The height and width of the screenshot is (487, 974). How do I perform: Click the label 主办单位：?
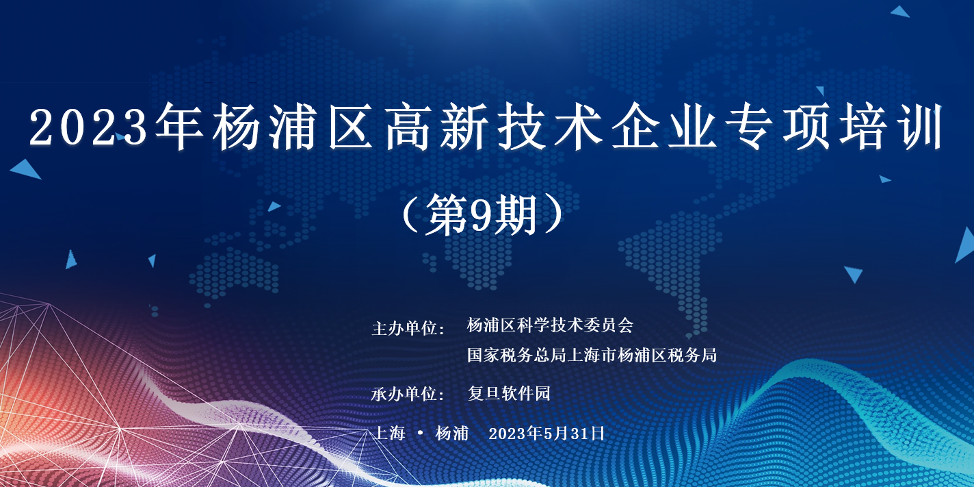(x=408, y=328)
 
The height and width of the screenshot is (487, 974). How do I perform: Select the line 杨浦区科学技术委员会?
(x=550, y=325)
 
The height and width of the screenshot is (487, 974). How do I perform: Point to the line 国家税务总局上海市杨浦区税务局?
(x=592, y=355)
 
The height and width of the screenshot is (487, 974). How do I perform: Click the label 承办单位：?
(x=408, y=394)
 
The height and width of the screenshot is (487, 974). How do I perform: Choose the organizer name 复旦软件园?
(x=509, y=393)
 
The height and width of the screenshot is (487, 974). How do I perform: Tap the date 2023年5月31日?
(x=547, y=433)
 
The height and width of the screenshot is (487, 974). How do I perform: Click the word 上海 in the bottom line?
(x=389, y=433)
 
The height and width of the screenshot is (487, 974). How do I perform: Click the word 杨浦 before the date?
(x=451, y=433)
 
